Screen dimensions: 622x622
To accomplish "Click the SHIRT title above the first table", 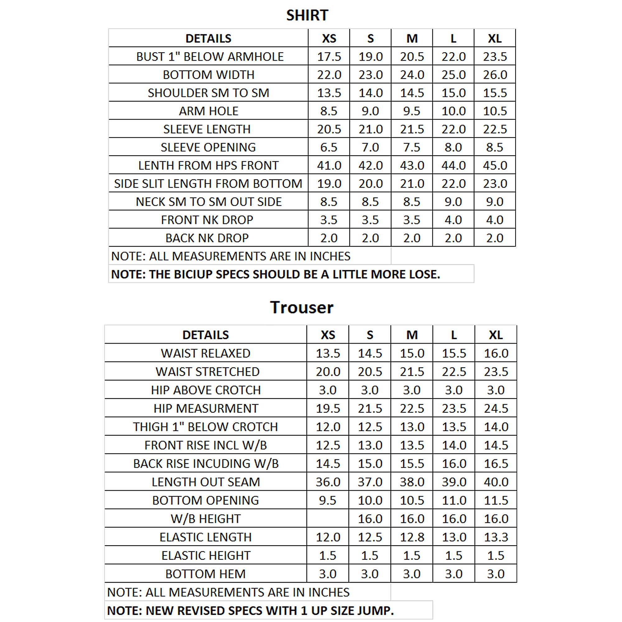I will (307, 16).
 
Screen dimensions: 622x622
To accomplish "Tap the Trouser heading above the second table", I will (302, 308).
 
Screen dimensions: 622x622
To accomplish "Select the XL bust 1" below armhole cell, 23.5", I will (495, 57).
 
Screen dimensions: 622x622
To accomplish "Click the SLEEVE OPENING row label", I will (208, 147).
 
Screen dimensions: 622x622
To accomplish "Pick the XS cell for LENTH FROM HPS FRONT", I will (329, 165).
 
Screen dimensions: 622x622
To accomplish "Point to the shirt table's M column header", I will (412, 39).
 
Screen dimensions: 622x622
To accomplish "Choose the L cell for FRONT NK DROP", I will (453, 220).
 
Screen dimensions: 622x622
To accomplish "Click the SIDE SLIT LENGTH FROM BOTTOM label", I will (208, 184).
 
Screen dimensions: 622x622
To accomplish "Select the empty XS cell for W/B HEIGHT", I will (328, 519).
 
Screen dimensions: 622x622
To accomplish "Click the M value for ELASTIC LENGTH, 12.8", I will (412, 537).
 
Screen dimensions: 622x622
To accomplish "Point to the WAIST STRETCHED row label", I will (207, 372).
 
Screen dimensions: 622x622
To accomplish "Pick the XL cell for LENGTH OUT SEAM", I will (496, 482).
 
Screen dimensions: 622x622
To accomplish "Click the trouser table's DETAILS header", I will (205, 335).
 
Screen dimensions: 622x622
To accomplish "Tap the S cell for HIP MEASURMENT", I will (370, 409).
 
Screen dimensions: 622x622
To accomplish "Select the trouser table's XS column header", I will (328, 335).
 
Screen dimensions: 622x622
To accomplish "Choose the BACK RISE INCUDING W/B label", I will (206, 464).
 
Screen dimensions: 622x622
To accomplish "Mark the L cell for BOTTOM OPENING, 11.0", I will (454, 500).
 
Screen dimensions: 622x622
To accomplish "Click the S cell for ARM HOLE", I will (370, 111).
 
